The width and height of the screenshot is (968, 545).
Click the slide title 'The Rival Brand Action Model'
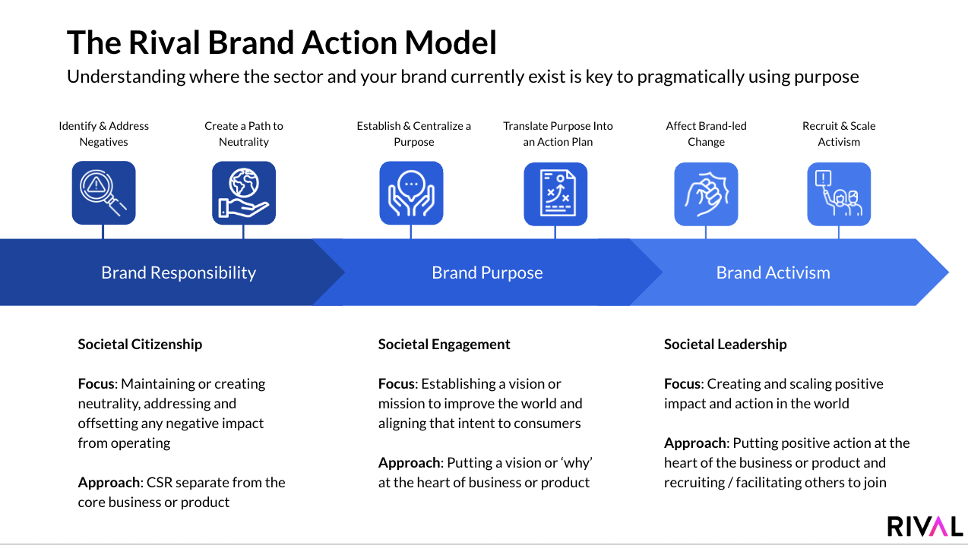[x=281, y=43]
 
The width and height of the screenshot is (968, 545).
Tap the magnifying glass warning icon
[x=103, y=193]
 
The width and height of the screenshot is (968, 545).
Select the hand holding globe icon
[x=243, y=193]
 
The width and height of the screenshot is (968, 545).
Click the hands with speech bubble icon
[x=411, y=193]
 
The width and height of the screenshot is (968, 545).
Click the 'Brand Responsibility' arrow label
[x=179, y=272]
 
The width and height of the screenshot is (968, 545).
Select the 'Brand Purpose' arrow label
[x=487, y=272]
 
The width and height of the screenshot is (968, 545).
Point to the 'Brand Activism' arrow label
[x=773, y=272]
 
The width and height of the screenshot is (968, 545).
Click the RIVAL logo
[x=925, y=525]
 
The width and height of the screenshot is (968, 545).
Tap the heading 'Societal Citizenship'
[x=140, y=344]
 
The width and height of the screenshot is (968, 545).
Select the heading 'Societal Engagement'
[x=444, y=344]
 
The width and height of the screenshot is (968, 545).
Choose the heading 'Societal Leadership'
[x=725, y=344]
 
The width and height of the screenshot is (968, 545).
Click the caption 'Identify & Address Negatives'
[x=104, y=134]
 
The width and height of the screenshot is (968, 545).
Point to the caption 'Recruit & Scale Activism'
[x=839, y=134]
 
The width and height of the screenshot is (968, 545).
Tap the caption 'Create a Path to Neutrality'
[x=244, y=134]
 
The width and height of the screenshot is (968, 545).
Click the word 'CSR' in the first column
[x=160, y=482]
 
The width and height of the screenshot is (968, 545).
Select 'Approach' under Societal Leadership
[x=695, y=443]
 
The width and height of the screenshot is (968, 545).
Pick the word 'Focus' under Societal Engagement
[x=396, y=383]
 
